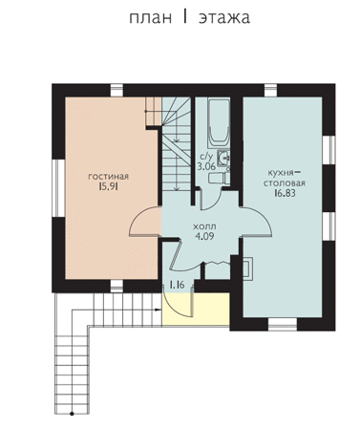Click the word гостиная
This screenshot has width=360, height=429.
(x=108, y=177)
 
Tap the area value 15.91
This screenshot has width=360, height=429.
(x=108, y=186)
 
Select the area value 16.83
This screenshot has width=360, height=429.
(x=285, y=193)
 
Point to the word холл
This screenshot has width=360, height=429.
(x=204, y=226)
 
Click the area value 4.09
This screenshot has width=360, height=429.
(x=204, y=236)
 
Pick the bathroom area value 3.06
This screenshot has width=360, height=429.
(x=206, y=166)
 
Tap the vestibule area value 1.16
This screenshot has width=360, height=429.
(x=177, y=285)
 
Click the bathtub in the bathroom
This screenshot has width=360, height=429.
(x=219, y=122)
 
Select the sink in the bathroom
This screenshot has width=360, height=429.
(x=223, y=158)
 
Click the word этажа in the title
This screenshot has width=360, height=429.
(x=224, y=17)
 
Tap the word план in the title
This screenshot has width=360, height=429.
(x=151, y=17)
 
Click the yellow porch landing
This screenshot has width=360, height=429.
(x=196, y=309)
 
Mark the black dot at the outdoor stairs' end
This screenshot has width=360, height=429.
(x=72, y=414)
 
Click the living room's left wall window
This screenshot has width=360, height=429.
(x=58, y=188)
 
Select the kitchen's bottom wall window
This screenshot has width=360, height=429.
(x=283, y=324)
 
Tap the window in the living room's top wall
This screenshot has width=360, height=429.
(x=116, y=90)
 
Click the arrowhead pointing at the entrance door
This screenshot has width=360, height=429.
(x=158, y=310)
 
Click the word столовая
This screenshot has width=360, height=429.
(x=284, y=183)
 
